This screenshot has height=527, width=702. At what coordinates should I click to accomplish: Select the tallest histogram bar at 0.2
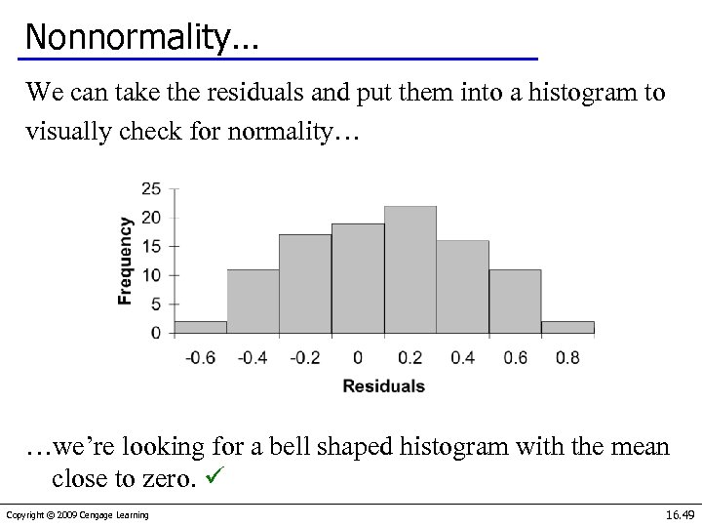[409, 270]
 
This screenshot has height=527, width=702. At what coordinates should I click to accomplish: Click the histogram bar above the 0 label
[358, 279]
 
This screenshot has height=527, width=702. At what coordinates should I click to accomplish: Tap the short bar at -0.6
[201, 327]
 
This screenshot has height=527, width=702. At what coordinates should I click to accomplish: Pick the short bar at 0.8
[567, 327]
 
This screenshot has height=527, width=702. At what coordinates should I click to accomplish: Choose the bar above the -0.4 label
[253, 303]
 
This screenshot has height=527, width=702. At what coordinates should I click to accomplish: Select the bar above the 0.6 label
[515, 303]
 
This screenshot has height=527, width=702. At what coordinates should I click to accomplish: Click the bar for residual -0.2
[305, 284]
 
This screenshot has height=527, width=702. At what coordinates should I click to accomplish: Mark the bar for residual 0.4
[462, 287]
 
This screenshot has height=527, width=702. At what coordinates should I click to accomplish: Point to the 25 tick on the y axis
[151, 188]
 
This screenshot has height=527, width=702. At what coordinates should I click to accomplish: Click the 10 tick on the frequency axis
[151, 275]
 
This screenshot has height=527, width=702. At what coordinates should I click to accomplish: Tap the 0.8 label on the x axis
[567, 357]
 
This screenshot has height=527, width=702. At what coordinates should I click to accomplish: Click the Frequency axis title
[125, 261]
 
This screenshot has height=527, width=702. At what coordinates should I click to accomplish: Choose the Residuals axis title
[383, 386]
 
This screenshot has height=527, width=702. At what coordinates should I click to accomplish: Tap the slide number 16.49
[679, 514]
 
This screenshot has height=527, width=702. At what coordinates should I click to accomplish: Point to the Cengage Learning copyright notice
[77, 515]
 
